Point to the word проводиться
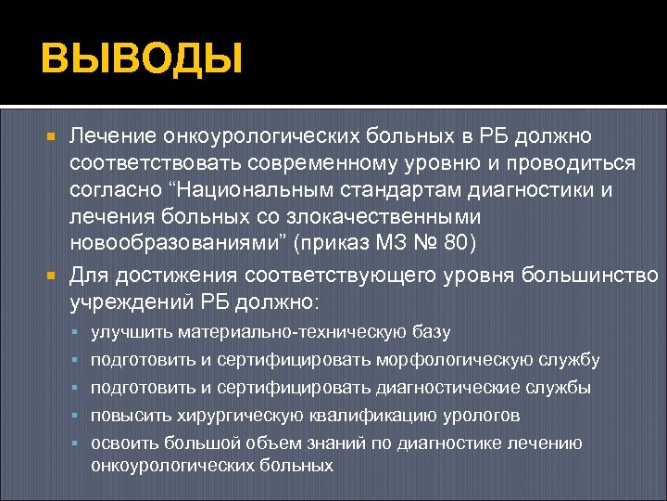[569, 163]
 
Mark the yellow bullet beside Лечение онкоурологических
[52, 136]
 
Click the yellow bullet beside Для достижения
[52, 276]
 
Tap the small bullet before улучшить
[78, 331]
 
